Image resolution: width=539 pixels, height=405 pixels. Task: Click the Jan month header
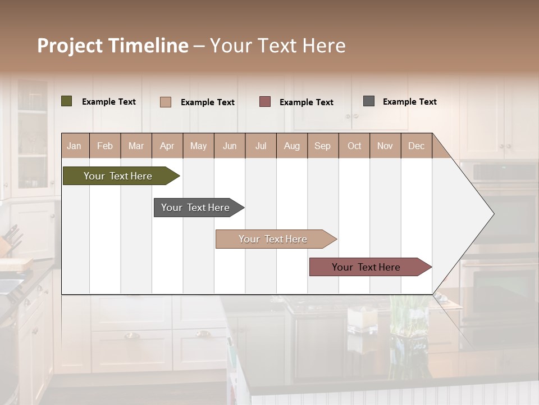click(x=75, y=146)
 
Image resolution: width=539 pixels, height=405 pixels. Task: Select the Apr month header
click(x=167, y=146)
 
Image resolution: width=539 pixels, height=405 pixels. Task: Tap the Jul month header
click(x=261, y=146)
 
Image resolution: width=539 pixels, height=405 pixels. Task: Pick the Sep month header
click(x=322, y=146)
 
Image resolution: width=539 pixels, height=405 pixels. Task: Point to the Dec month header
click(x=416, y=146)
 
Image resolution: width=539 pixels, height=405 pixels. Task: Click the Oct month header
click(x=354, y=146)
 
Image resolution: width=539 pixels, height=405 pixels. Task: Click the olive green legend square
click(x=67, y=101)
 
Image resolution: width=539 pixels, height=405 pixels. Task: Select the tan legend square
click(x=166, y=102)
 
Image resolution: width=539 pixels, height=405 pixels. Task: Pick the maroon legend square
click(x=265, y=101)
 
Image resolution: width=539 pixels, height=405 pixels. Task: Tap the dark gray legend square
click(x=369, y=101)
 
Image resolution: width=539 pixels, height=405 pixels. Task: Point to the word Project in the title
click(x=71, y=46)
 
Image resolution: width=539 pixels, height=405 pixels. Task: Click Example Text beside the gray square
click(x=409, y=102)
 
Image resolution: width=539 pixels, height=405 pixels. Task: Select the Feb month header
click(x=105, y=146)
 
